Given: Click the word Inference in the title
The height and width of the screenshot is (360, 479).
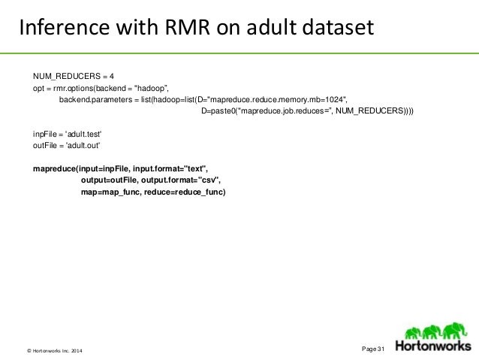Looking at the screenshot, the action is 59,29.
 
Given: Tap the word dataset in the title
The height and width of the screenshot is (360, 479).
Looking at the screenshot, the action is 335,29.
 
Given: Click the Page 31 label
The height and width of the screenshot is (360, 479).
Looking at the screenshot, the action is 373,348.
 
